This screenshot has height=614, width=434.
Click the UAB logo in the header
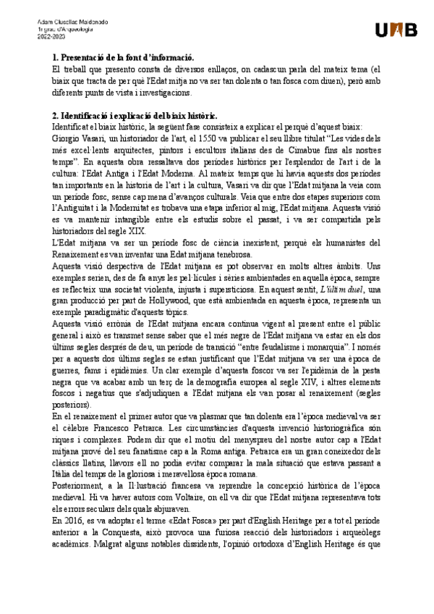pos(396,30)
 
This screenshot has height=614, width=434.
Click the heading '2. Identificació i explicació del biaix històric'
pos(135,116)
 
